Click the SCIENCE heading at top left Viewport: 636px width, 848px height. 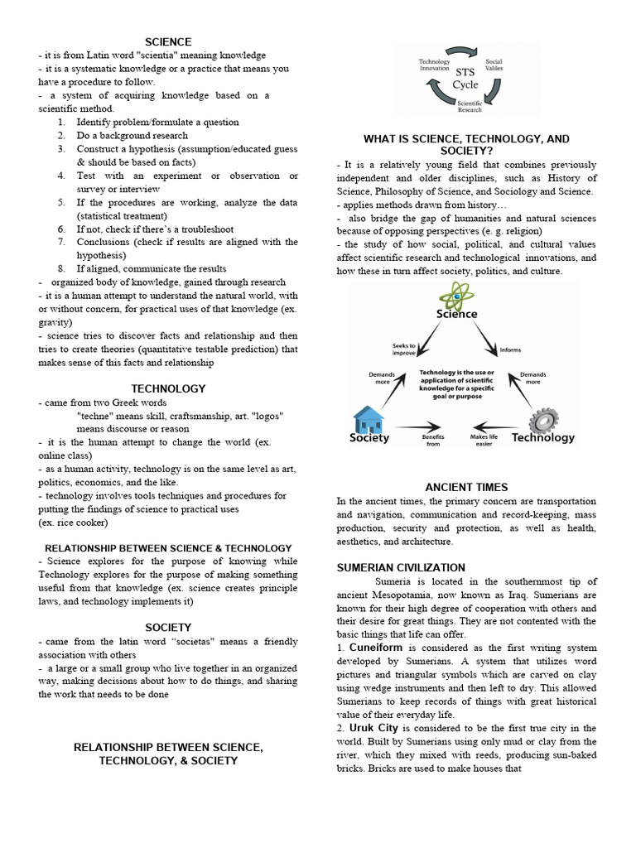(168, 41)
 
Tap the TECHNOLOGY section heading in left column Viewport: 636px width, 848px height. (168, 388)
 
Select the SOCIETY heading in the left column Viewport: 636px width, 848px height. (168, 627)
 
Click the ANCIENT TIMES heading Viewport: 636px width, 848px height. (466, 487)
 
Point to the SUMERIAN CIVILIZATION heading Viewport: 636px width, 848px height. (401, 567)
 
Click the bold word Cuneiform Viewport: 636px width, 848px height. (377, 646)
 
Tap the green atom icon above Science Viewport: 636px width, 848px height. (456, 295)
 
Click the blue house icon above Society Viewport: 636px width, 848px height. (368, 420)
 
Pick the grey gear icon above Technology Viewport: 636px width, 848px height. (543, 421)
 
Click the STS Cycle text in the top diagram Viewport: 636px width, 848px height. (465, 78)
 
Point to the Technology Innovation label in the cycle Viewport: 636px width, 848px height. (434, 66)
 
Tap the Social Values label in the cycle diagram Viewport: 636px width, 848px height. (494, 64)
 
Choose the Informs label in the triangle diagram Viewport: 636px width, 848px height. (510, 349)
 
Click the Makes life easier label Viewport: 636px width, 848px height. (484, 439)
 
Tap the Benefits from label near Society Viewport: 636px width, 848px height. (432, 439)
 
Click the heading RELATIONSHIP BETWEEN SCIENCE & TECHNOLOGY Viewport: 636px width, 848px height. (168, 547)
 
